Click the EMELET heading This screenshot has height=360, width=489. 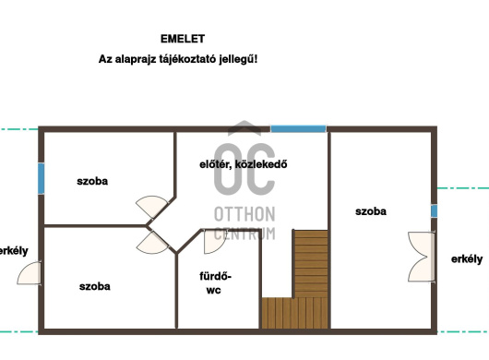click(x=183, y=39)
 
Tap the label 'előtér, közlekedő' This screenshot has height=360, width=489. click(x=244, y=164)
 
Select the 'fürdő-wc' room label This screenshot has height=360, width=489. click(x=215, y=283)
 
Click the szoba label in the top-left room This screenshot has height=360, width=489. click(x=92, y=181)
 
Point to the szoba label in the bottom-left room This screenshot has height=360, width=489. click(x=94, y=286)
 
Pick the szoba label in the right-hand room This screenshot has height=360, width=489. click(x=371, y=211)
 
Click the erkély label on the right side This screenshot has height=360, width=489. click(x=467, y=259)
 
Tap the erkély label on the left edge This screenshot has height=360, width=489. click(x=14, y=251)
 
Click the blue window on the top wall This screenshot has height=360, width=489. click(x=298, y=129)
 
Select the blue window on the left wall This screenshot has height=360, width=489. click(x=41, y=178)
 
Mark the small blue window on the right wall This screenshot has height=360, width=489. click(x=434, y=210)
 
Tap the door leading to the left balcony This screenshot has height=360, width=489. click(x=30, y=273)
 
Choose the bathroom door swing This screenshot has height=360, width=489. click(x=214, y=242)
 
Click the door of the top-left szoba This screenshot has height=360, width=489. click(x=152, y=207)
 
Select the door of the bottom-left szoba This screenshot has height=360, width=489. click(x=153, y=243)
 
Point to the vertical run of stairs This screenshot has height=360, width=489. click(x=311, y=264)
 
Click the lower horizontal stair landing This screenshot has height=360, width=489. click(x=294, y=313)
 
